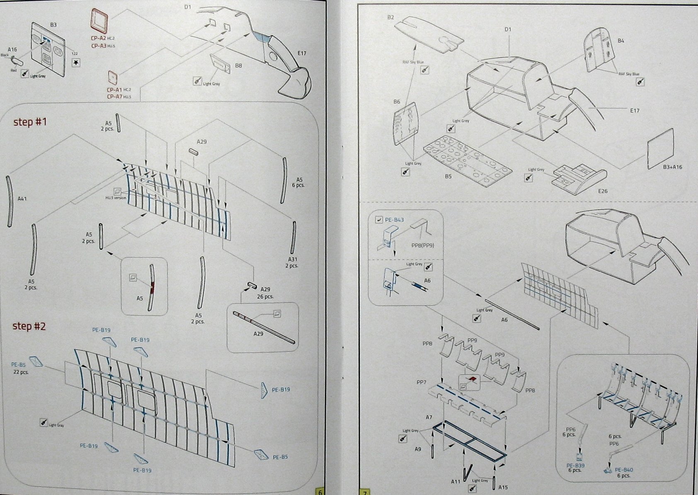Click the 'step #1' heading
(x=30, y=122)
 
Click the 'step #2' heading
(x=29, y=326)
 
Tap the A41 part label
(x=22, y=199)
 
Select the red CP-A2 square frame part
(x=99, y=20)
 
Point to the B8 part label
(x=238, y=65)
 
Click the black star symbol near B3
(x=76, y=63)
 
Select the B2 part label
(x=390, y=17)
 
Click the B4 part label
(x=620, y=41)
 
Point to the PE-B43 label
(x=394, y=220)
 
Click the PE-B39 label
(x=575, y=466)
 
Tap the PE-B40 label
(x=624, y=470)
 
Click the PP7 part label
(x=421, y=382)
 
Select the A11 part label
(x=456, y=481)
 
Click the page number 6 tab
(x=320, y=492)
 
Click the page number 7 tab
(x=364, y=492)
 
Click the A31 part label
(x=293, y=259)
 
